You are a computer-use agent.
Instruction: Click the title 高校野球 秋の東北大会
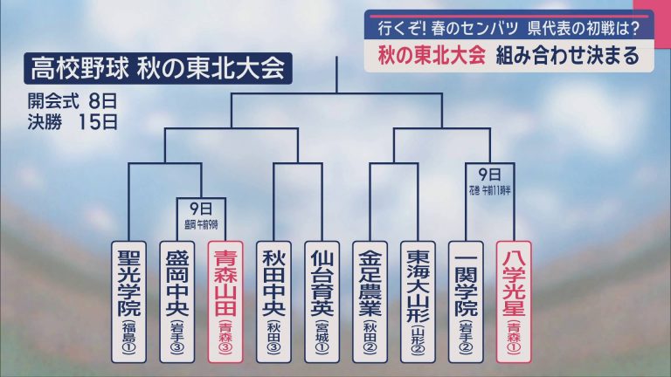pyautogui.click(x=158, y=67)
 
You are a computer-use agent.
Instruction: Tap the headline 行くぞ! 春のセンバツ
pyautogui.click(x=441, y=28)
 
